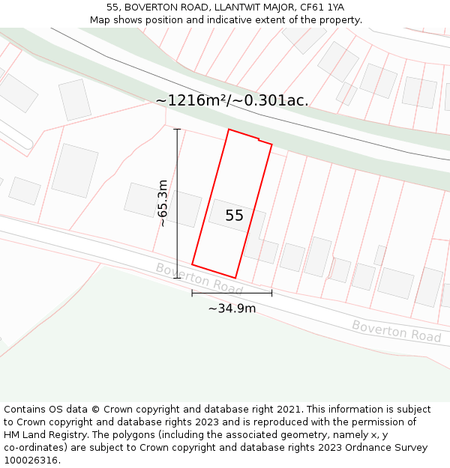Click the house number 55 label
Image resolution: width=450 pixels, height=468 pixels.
(234, 216)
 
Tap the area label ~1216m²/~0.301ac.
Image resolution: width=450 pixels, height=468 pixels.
(232, 100)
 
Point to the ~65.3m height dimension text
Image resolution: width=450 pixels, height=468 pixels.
(162, 203)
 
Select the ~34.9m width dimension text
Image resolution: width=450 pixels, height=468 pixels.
(232, 308)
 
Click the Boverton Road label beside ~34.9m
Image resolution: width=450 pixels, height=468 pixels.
(199, 278)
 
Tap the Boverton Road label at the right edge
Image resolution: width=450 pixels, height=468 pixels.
(396, 331)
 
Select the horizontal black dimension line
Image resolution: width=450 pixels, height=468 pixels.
(232, 293)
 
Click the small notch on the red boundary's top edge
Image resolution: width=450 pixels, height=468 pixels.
(259, 139)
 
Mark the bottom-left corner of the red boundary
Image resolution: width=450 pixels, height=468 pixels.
(193, 264)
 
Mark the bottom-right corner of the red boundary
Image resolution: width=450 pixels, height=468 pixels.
(235, 278)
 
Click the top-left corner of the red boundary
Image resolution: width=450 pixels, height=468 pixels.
(229, 130)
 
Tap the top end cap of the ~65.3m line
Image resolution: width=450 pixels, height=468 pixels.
(178, 130)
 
